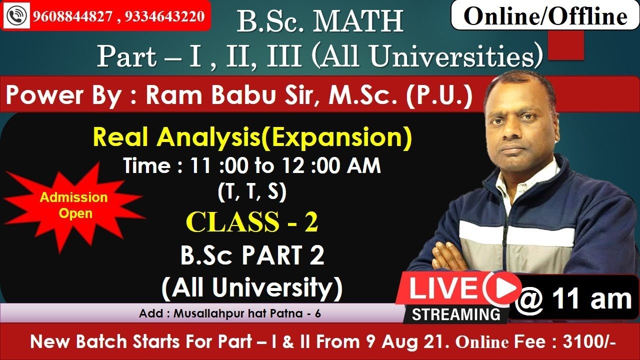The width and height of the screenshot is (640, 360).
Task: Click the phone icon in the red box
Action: pos(19,16)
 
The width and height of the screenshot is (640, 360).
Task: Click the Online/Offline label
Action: pos(545,16)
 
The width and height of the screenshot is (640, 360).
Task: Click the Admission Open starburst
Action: pos(74,205)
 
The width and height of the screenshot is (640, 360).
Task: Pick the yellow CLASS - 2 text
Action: pos(252,222)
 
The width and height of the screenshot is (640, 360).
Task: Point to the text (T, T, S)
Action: pos(252,192)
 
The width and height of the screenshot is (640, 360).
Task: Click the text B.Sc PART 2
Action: pos(252,256)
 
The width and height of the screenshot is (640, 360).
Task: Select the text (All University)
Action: pos(252,287)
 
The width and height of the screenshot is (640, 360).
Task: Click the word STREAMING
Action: pos(455,314)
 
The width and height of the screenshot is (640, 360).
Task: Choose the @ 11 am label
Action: pos(573,299)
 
